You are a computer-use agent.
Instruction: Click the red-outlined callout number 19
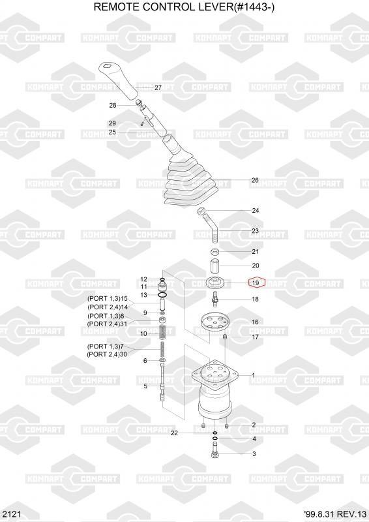pos(256,283)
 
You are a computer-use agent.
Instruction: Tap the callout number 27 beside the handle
pos(158,87)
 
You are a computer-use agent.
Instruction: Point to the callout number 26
pos(255,180)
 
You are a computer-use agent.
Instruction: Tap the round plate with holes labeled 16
pos(215,322)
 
